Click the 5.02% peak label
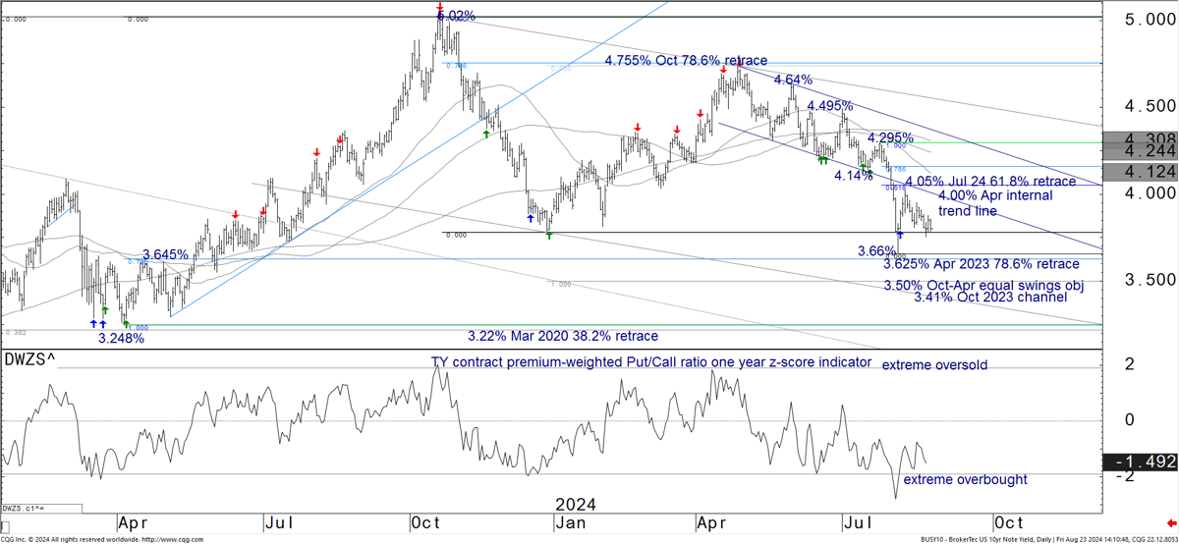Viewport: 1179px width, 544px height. (x=457, y=17)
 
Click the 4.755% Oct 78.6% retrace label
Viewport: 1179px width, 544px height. (x=686, y=61)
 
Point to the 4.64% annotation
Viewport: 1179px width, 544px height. (x=793, y=80)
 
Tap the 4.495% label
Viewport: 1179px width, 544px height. (x=829, y=106)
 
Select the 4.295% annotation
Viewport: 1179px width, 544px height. (x=891, y=137)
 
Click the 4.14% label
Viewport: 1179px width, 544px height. (x=853, y=176)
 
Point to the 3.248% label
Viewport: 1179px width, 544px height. (x=121, y=338)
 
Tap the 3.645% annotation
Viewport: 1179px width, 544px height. (x=165, y=255)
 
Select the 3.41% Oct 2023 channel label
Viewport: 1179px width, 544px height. (x=990, y=297)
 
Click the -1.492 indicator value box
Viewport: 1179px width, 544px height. (x=1139, y=462)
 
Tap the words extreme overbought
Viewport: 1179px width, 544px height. (x=965, y=480)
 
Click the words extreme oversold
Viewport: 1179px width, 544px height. (x=934, y=365)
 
